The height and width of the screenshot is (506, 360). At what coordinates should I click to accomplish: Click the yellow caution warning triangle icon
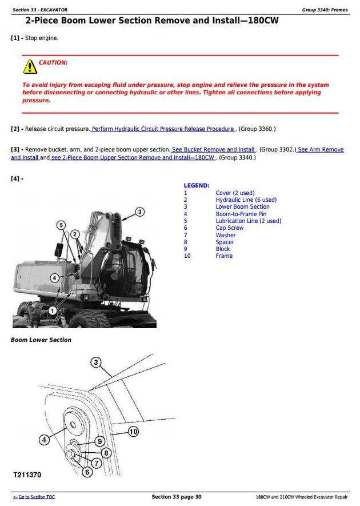(x=30, y=67)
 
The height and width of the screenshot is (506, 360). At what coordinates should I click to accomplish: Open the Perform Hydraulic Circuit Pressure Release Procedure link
(x=163, y=129)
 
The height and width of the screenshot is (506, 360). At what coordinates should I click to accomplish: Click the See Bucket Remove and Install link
(x=214, y=150)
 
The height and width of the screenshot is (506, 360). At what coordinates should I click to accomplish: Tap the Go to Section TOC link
(x=34, y=497)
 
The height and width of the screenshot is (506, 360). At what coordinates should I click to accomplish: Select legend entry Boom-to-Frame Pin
(x=241, y=214)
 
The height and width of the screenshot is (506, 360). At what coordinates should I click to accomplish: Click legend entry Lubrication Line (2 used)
(x=248, y=221)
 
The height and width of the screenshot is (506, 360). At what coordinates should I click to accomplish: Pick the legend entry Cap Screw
(x=229, y=228)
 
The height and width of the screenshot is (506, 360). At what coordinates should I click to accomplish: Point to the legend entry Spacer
(x=225, y=242)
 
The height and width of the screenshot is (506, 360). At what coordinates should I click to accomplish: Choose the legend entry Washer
(x=225, y=235)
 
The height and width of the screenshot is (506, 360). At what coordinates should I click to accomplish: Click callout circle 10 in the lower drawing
(x=133, y=432)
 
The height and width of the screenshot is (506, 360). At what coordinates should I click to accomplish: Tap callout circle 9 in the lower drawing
(x=99, y=441)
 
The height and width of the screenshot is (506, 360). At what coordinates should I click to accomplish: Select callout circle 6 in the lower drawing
(x=87, y=472)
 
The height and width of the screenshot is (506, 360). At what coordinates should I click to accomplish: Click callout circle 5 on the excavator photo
(x=61, y=225)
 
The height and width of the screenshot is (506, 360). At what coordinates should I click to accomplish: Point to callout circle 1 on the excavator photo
(x=53, y=310)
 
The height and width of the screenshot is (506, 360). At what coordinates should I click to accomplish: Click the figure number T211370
(x=27, y=475)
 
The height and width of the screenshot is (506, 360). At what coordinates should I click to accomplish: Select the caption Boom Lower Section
(x=41, y=340)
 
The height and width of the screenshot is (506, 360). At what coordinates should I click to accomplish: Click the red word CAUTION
(x=53, y=62)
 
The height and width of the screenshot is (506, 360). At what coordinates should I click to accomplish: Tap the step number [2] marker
(x=17, y=129)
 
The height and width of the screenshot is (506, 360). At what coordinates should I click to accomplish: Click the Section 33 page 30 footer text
(x=177, y=497)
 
